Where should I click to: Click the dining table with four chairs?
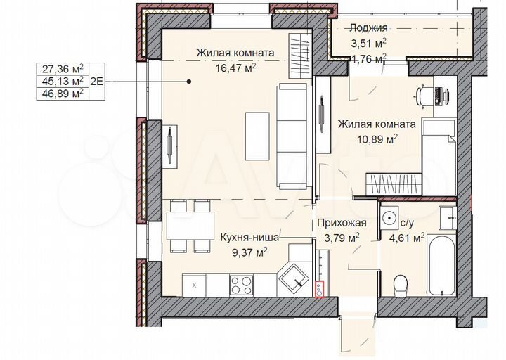pos(190,225)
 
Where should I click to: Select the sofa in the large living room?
pos(291,136)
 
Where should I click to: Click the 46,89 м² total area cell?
pos(63,92)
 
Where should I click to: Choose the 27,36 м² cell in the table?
pos(63,68)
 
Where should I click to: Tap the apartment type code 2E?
pos(97,80)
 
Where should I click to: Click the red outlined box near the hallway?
pos(321,288)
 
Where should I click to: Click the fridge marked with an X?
pos(194,284)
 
